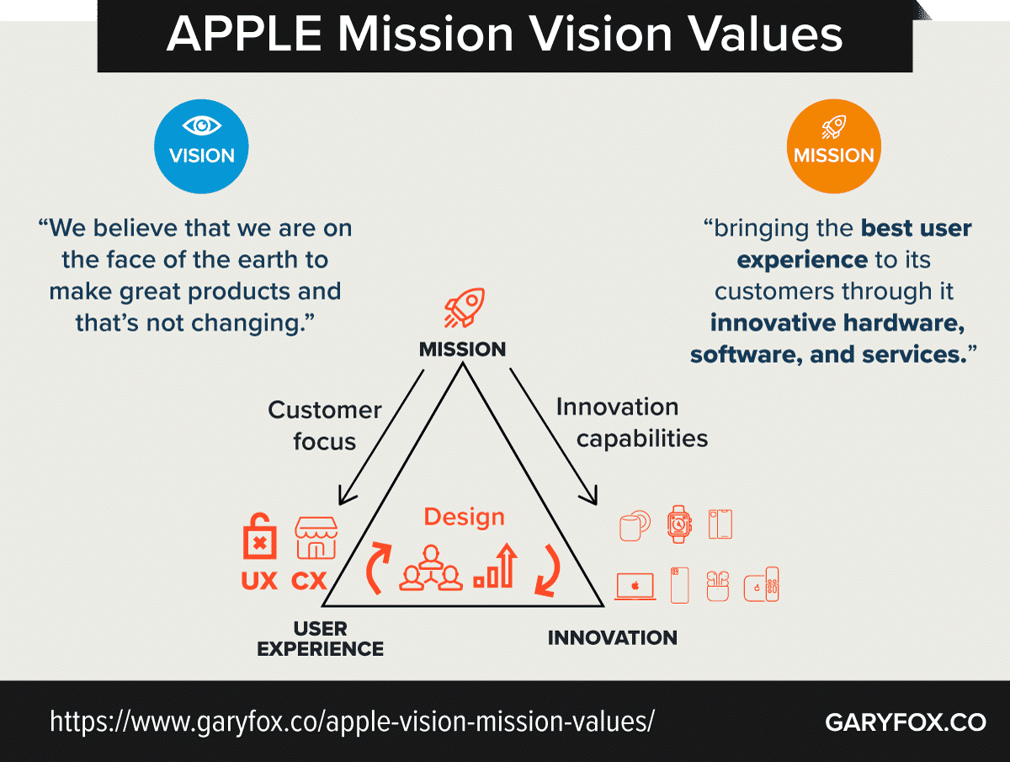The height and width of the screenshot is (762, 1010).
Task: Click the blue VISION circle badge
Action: point(201,147)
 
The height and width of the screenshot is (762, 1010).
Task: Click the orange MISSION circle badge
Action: point(834,147)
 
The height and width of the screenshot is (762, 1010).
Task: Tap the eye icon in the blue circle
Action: point(201,125)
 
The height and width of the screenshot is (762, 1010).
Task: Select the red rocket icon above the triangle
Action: point(464,308)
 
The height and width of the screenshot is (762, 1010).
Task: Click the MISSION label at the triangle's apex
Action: point(462,349)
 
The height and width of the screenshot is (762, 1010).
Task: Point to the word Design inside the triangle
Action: point(465,517)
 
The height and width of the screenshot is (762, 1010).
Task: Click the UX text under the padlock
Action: point(259,581)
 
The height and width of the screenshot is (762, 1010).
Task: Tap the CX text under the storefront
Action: point(309,581)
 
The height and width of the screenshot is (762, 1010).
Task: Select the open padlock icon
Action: point(260,536)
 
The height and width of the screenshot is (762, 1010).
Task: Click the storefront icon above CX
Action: point(316,537)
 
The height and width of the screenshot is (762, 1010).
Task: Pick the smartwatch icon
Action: point(679,524)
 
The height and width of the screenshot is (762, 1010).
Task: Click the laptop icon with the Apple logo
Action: point(635,587)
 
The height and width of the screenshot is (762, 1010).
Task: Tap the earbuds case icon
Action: point(718,586)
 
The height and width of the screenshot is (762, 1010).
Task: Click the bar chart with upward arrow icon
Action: point(496,566)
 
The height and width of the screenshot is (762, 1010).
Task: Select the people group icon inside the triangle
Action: point(431,568)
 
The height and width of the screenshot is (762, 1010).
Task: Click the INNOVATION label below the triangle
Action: point(613,637)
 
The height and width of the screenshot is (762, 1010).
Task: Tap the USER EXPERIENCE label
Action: point(321,639)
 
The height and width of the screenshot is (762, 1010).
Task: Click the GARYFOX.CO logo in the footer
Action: point(906,722)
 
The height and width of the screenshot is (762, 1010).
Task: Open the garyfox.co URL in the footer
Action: point(352,722)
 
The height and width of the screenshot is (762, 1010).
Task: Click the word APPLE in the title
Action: point(244,34)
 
